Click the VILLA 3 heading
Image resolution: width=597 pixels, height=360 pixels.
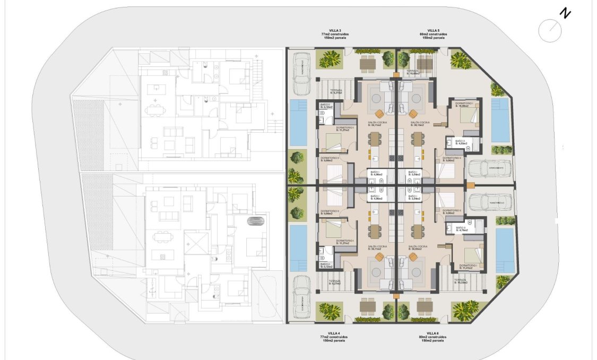coord(331,30)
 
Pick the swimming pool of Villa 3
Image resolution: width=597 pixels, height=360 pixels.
coord(298,123)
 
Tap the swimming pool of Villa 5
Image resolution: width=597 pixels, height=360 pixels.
coord(500,120)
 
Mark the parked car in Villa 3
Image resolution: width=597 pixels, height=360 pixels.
coord(301,73)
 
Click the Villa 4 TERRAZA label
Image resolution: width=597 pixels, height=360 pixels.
coord(334,282)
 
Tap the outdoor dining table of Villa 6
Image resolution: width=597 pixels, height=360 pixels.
coord(425,307)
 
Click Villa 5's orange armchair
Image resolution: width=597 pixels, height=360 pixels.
coord(413,113)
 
